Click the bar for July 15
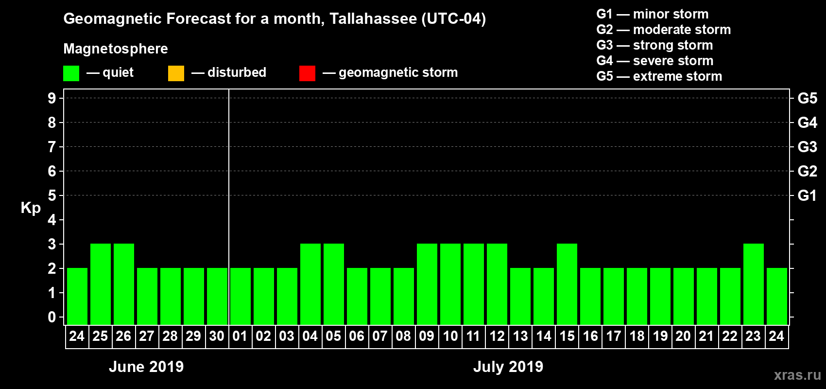[567, 284]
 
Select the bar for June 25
[101, 284]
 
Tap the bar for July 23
[754, 284]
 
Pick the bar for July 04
[310, 284]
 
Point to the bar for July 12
[497, 284]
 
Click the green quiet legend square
[71, 73]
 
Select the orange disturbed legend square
[176, 73]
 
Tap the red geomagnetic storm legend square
[307, 73]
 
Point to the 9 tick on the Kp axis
[52, 98]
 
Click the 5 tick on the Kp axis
[52, 195]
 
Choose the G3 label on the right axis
[807, 147]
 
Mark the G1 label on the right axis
[807, 195]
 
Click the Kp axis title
[31, 208]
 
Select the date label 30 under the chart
[217, 336]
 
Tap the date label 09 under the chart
[427, 336]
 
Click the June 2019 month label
[146, 367]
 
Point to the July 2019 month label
[508, 367]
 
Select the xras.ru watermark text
[797, 375]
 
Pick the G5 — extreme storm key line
[659, 76]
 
